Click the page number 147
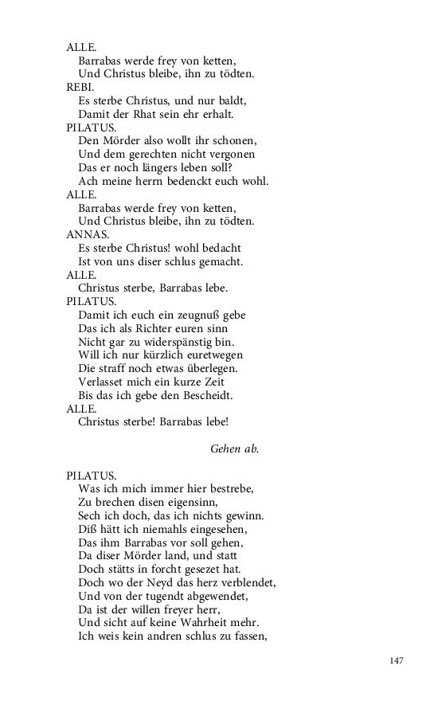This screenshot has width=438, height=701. tap(398, 660)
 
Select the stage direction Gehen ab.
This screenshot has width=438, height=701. tap(234, 448)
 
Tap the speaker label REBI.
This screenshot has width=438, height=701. tap(80, 87)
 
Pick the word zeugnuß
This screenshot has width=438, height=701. tap(194, 315)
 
